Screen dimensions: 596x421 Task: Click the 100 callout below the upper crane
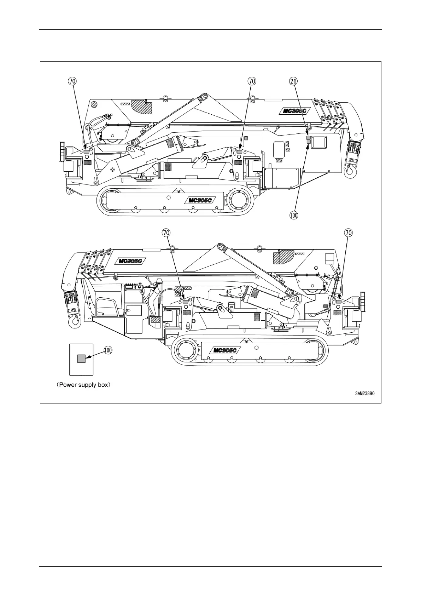point(294,215)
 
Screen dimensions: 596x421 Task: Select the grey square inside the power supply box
point(81,359)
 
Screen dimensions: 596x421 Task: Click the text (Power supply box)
point(84,385)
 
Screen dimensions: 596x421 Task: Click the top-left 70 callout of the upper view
point(72,81)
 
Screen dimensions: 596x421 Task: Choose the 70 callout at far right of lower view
point(348,233)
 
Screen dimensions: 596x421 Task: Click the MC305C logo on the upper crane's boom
point(294,111)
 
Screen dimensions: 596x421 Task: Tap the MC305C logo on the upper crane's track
point(200,200)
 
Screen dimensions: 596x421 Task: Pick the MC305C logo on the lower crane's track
point(225,351)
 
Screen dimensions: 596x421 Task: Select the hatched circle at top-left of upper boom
point(94,104)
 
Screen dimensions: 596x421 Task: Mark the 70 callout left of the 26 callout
point(252,81)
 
